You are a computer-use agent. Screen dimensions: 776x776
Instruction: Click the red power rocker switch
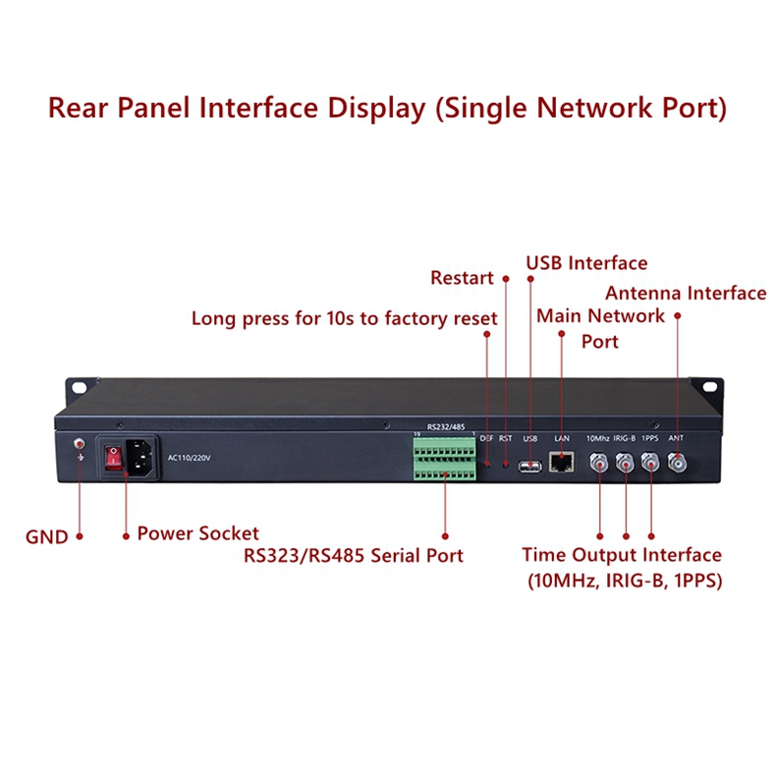(113, 457)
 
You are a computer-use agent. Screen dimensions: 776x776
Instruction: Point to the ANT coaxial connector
(677, 463)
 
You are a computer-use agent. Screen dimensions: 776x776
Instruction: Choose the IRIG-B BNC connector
(625, 463)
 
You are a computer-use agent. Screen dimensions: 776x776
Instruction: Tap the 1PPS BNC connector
(650, 463)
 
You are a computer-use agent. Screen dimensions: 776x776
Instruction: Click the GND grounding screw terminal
(80, 447)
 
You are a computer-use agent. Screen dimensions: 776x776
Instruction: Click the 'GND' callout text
(46, 537)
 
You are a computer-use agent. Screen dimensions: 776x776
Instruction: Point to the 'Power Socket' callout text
(197, 533)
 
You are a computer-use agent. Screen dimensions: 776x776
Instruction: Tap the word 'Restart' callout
(462, 278)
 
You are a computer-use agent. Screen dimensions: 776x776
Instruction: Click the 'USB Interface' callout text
(586, 263)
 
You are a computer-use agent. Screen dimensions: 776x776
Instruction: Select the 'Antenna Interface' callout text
(685, 293)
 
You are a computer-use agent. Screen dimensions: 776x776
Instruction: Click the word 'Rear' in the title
(81, 107)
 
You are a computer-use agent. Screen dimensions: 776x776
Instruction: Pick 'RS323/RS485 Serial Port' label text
(354, 556)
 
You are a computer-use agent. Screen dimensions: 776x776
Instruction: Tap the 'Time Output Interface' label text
(621, 556)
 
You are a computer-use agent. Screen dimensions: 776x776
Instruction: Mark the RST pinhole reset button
(506, 462)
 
